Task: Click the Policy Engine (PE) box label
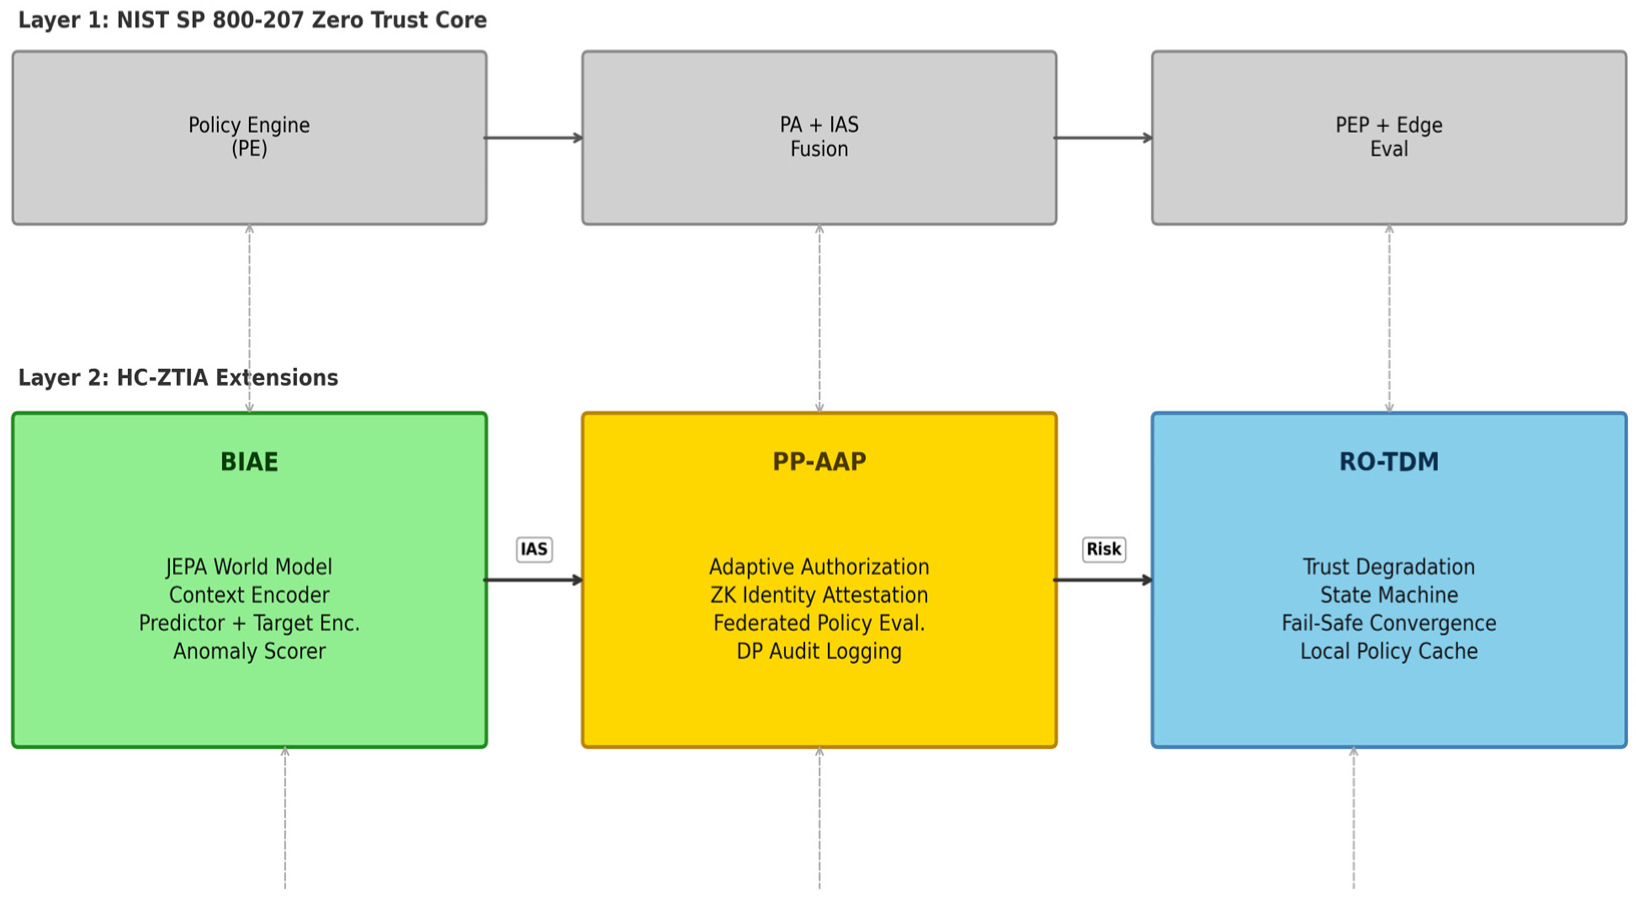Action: pos(249,137)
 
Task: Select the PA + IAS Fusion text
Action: pos(819,137)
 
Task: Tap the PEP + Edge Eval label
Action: pos(1388,137)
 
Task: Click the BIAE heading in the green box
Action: pos(249,462)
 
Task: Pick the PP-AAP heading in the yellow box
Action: pos(819,462)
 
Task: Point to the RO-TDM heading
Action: pos(1388,462)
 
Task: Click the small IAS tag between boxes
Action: pos(533,549)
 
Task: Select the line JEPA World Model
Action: pos(249,566)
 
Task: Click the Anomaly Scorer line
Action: pos(249,651)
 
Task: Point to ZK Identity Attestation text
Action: pos(819,595)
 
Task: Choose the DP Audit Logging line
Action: pos(819,651)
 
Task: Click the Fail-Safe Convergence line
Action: pos(1388,623)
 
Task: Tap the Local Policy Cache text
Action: pos(1388,651)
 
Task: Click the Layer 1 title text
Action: pos(252,20)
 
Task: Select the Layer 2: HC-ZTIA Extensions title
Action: pos(178,378)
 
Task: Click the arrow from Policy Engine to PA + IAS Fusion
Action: pos(533,137)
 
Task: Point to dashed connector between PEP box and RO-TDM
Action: pos(1388,318)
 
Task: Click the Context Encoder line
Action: pos(249,595)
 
